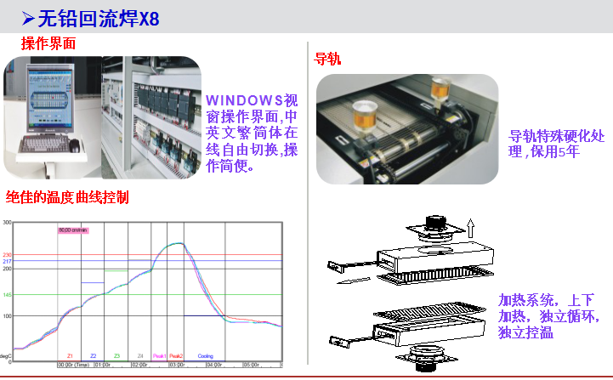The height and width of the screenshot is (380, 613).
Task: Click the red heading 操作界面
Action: point(48,42)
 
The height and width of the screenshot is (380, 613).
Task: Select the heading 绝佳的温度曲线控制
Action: point(67,197)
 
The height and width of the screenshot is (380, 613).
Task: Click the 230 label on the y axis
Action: point(7,255)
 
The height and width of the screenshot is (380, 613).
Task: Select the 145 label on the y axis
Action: point(7,295)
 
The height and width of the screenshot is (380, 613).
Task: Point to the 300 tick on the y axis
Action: point(7,223)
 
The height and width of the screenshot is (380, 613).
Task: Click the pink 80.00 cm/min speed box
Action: point(72,230)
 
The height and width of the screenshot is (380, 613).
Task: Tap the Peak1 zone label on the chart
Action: point(158,355)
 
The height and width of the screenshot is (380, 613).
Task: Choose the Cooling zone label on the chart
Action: point(205,355)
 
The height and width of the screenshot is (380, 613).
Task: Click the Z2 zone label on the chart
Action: point(93,355)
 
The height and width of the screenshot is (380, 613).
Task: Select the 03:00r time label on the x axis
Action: point(176,365)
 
